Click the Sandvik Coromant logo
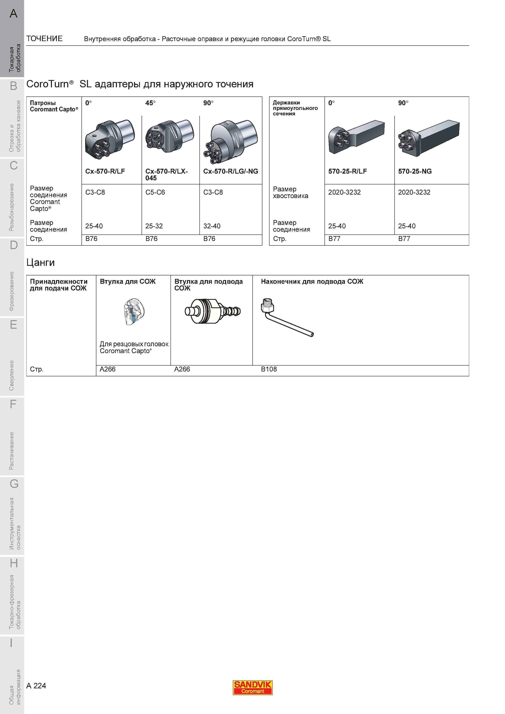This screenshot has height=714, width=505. tap(253, 688)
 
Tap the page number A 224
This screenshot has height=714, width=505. tap(36, 686)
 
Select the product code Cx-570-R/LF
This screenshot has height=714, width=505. tap(105, 171)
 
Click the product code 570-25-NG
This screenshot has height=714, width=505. tap(415, 171)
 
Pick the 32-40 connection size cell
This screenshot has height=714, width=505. tap(212, 226)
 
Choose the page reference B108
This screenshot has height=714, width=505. tap(269, 369)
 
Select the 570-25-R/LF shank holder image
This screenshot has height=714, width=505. tap(356, 137)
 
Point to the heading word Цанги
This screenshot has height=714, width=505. tap(41, 263)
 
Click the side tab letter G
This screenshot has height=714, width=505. tap(14, 484)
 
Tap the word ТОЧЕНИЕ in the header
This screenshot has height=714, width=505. tap(44, 38)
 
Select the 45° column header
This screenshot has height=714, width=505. tap(150, 103)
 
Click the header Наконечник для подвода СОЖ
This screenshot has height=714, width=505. tap(312, 281)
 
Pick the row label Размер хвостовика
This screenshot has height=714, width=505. tap(291, 193)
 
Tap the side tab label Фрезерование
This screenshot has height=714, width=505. tap(12, 291)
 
